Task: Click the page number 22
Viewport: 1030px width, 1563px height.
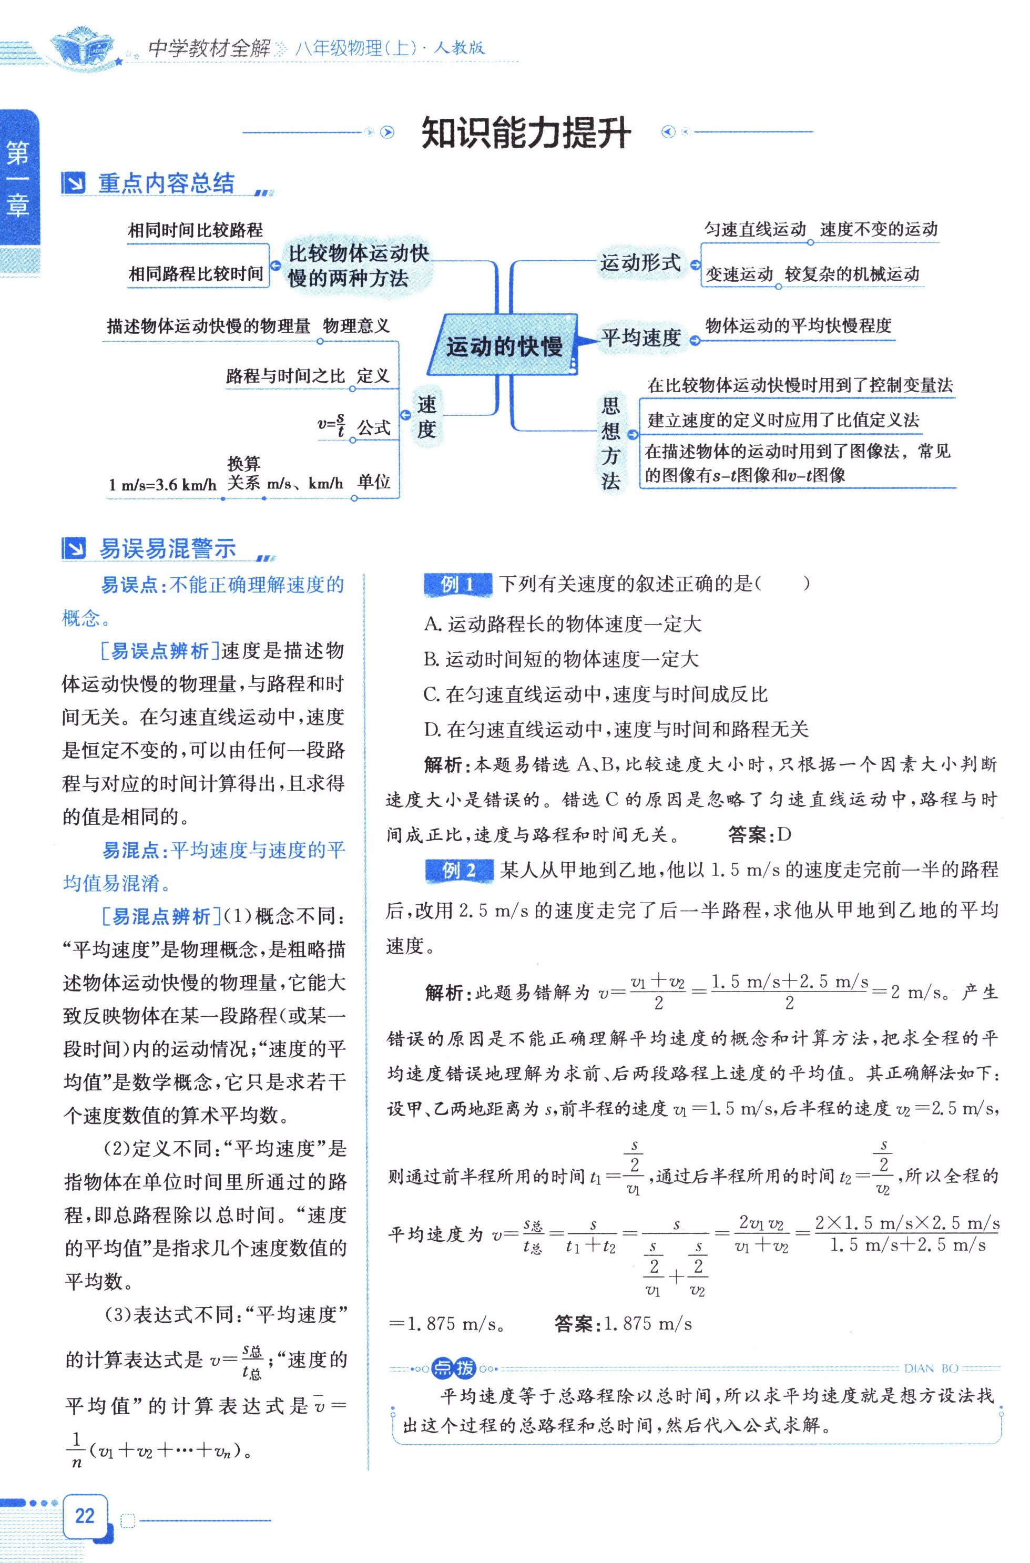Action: tap(85, 1515)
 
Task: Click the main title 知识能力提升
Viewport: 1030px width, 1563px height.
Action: tap(525, 134)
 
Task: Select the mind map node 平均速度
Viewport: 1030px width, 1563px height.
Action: tap(640, 338)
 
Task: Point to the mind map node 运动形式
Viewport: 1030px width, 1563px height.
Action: tap(640, 263)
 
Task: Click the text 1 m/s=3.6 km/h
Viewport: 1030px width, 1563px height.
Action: tap(162, 485)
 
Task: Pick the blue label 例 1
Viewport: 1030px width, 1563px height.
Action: tap(457, 584)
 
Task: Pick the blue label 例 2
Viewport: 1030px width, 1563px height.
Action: tap(458, 871)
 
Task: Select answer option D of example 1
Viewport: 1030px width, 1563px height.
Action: tap(616, 729)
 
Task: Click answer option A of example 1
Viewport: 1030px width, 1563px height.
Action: tap(563, 624)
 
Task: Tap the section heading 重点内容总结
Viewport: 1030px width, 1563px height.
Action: tap(166, 183)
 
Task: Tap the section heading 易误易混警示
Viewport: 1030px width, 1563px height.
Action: tap(167, 548)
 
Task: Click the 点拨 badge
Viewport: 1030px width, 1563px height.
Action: tap(454, 1368)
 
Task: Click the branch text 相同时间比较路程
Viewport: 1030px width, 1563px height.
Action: tap(195, 230)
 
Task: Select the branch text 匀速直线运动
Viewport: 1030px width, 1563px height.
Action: tap(755, 229)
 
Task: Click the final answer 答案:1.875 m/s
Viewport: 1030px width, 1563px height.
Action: tap(623, 1323)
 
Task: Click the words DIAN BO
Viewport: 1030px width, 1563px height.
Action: tap(931, 1368)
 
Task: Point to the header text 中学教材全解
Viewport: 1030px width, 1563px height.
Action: tap(209, 48)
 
